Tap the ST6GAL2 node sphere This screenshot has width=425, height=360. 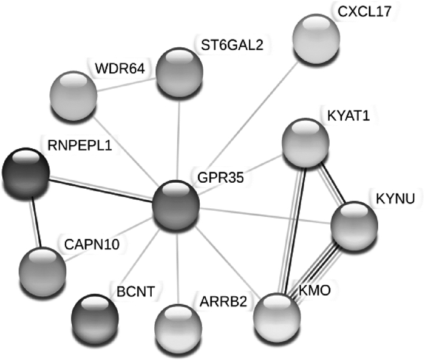click(180, 70)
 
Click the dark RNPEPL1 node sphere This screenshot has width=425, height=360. click(25, 174)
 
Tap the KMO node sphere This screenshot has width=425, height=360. click(277, 316)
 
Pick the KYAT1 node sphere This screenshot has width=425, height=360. click(307, 143)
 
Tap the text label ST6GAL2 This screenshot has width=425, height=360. click(232, 44)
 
